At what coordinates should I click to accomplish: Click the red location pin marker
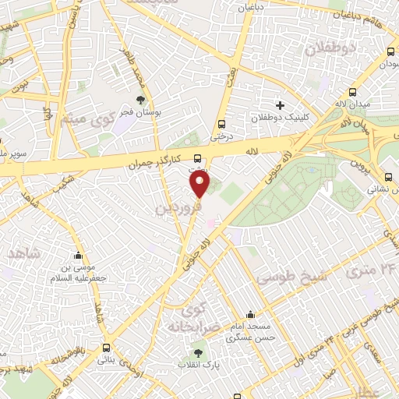[x=200, y=184]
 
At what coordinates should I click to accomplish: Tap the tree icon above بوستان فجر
[x=140, y=100]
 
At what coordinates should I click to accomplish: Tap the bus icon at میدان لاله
[x=390, y=51]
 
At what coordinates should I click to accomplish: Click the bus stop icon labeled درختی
[x=223, y=123]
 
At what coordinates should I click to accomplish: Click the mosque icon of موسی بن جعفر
[x=78, y=256]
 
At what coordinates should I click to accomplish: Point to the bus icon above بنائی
[x=106, y=348]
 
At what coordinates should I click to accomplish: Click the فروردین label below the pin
[x=179, y=207]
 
